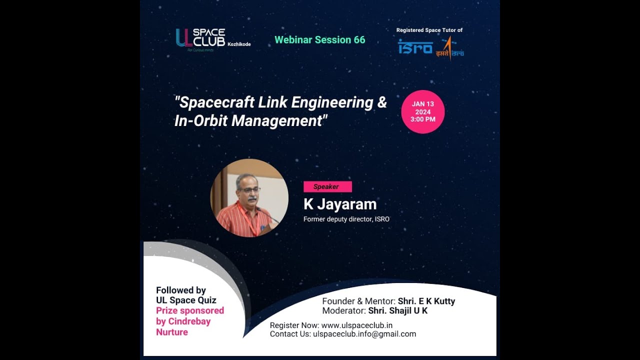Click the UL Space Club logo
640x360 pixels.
click(200, 38)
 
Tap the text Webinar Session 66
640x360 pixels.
click(320, 40)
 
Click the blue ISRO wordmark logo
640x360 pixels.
click(415, 47)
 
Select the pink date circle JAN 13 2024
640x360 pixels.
click(423, 112)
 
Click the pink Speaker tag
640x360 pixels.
click(327, 187)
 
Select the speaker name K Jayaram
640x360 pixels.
click(340, 204)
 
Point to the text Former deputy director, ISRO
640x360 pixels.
click(346, 219)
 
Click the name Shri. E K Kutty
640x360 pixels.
click(426, 301)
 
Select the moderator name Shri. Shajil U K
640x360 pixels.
click(398, 310)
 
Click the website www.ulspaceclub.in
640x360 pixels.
click(357, 325)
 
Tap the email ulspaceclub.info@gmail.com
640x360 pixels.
click(364, 334)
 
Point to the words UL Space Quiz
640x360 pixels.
click(186, 300)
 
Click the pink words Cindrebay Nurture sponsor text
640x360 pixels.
click(183, 326)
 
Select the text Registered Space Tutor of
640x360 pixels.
click(429, 30)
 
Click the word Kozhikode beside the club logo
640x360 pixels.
click(239, 44)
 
